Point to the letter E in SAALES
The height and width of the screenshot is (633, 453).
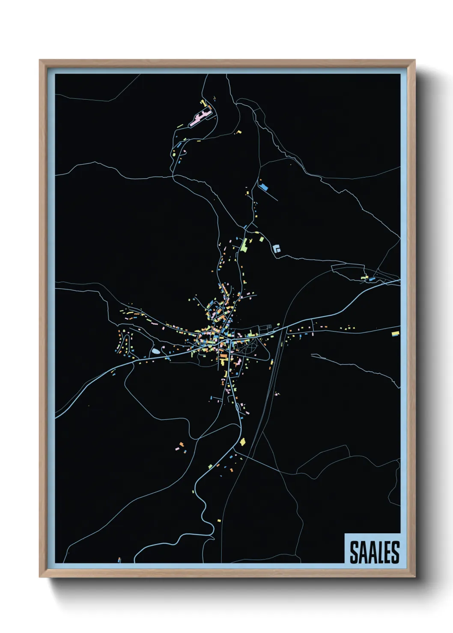386,552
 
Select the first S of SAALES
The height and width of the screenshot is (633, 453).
354,552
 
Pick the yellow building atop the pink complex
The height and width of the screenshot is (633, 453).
203,103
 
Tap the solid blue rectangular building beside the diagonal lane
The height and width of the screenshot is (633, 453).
264,187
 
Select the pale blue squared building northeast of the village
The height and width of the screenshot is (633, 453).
277,248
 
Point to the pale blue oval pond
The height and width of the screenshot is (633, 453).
155,351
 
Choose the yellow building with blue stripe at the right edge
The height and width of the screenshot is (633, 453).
396,333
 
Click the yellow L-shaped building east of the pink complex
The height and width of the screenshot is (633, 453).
238,132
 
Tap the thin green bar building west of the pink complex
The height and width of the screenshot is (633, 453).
180,126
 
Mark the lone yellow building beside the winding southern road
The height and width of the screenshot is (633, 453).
219,520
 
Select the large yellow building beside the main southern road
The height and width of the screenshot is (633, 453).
242,442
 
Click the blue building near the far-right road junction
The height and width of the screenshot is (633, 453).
372,279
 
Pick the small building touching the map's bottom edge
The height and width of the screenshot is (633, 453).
119,560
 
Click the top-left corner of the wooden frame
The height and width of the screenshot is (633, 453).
40,61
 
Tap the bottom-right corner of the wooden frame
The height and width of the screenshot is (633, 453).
414,577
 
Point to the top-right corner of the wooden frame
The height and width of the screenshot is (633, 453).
414,61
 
